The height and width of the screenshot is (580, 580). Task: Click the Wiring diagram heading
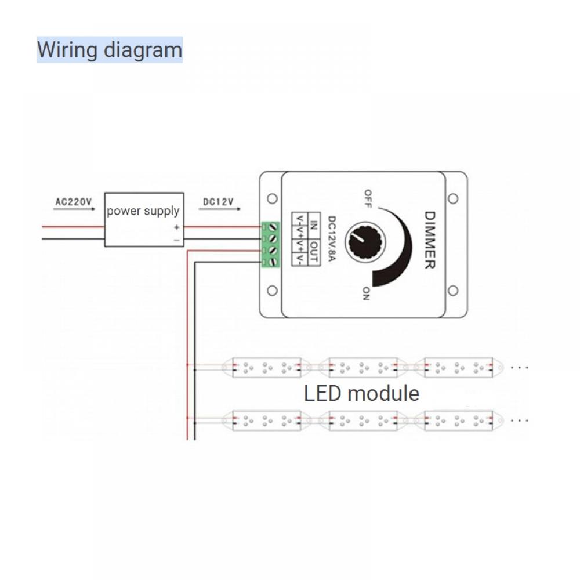tap(110, 50)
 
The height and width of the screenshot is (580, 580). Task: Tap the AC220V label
tap(74, 202)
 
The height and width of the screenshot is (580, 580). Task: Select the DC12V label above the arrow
tap(218, 202)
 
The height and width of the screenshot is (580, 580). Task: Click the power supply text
tap(143, 211)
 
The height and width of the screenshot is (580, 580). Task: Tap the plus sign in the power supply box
tap(176, 227)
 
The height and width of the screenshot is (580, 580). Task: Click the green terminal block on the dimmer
tap(270, 244)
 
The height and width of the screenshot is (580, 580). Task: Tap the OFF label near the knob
tap(367, 198)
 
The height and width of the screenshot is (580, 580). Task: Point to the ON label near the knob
tap(366, 293)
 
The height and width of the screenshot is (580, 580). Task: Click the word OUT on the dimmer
tap(313, 253)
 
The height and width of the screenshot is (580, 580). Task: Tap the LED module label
tap(361, 393)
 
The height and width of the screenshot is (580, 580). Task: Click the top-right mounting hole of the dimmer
tap(453, 198)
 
